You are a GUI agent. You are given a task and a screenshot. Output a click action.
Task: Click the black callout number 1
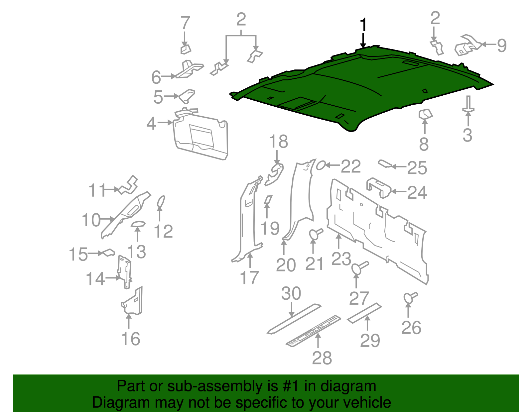363,25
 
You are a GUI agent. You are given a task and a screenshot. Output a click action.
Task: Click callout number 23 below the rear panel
341,259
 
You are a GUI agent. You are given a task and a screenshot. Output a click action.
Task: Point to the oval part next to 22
321,165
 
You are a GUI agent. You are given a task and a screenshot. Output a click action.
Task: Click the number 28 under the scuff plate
322,358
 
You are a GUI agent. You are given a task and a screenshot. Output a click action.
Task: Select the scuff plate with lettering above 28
314,331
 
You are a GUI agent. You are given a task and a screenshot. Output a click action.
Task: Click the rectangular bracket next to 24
379,188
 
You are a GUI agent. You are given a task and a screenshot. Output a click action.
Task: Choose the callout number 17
249,278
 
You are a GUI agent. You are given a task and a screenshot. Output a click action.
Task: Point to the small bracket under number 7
186,49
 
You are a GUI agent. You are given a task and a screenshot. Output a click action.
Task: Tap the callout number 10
91,220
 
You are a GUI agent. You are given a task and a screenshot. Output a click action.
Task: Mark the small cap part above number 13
138,225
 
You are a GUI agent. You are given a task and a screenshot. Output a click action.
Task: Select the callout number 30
291,293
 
